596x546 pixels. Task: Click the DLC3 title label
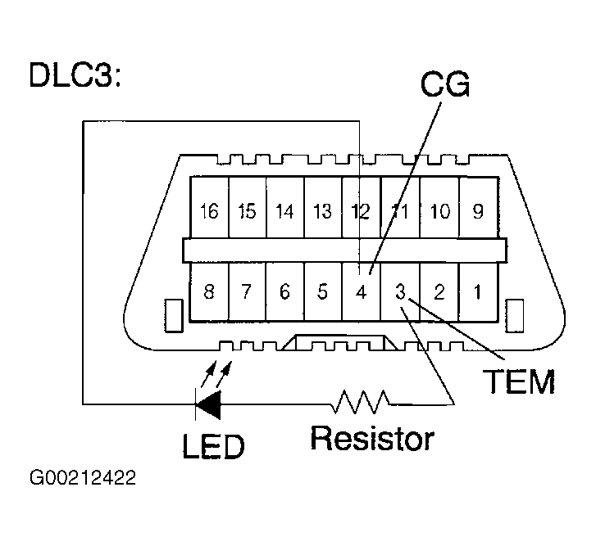coord(75,74)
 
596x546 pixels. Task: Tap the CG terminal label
coord(445,83)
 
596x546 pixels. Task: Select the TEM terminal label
coord(519,381)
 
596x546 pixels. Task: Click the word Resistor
coord(372,438)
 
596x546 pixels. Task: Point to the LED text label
coord(214,446)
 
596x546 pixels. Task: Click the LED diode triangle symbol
coord(208,404)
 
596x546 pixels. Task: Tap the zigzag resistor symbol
coord(361,401)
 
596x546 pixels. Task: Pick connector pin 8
coord(209,291)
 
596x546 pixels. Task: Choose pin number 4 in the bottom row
coord(361,291)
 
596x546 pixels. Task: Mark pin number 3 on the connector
coord(400,291)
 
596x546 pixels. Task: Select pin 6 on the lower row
coord(285,291)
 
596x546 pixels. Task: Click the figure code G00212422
coord(83,478)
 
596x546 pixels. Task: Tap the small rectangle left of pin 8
coord(174,316)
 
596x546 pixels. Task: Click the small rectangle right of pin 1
coord(515,316)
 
